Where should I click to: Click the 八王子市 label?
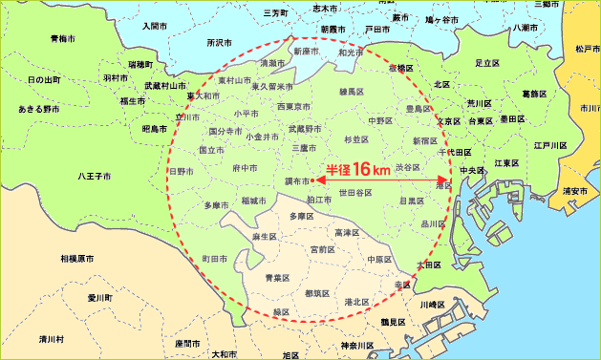point(93,176)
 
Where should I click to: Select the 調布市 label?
point(296,180)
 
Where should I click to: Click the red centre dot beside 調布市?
point(314,180)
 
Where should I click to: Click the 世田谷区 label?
point(354,193)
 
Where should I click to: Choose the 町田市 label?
point(214,259)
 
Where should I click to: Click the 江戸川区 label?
point(551,146)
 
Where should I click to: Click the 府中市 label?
point(245,168)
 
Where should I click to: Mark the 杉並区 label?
point(355,139)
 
